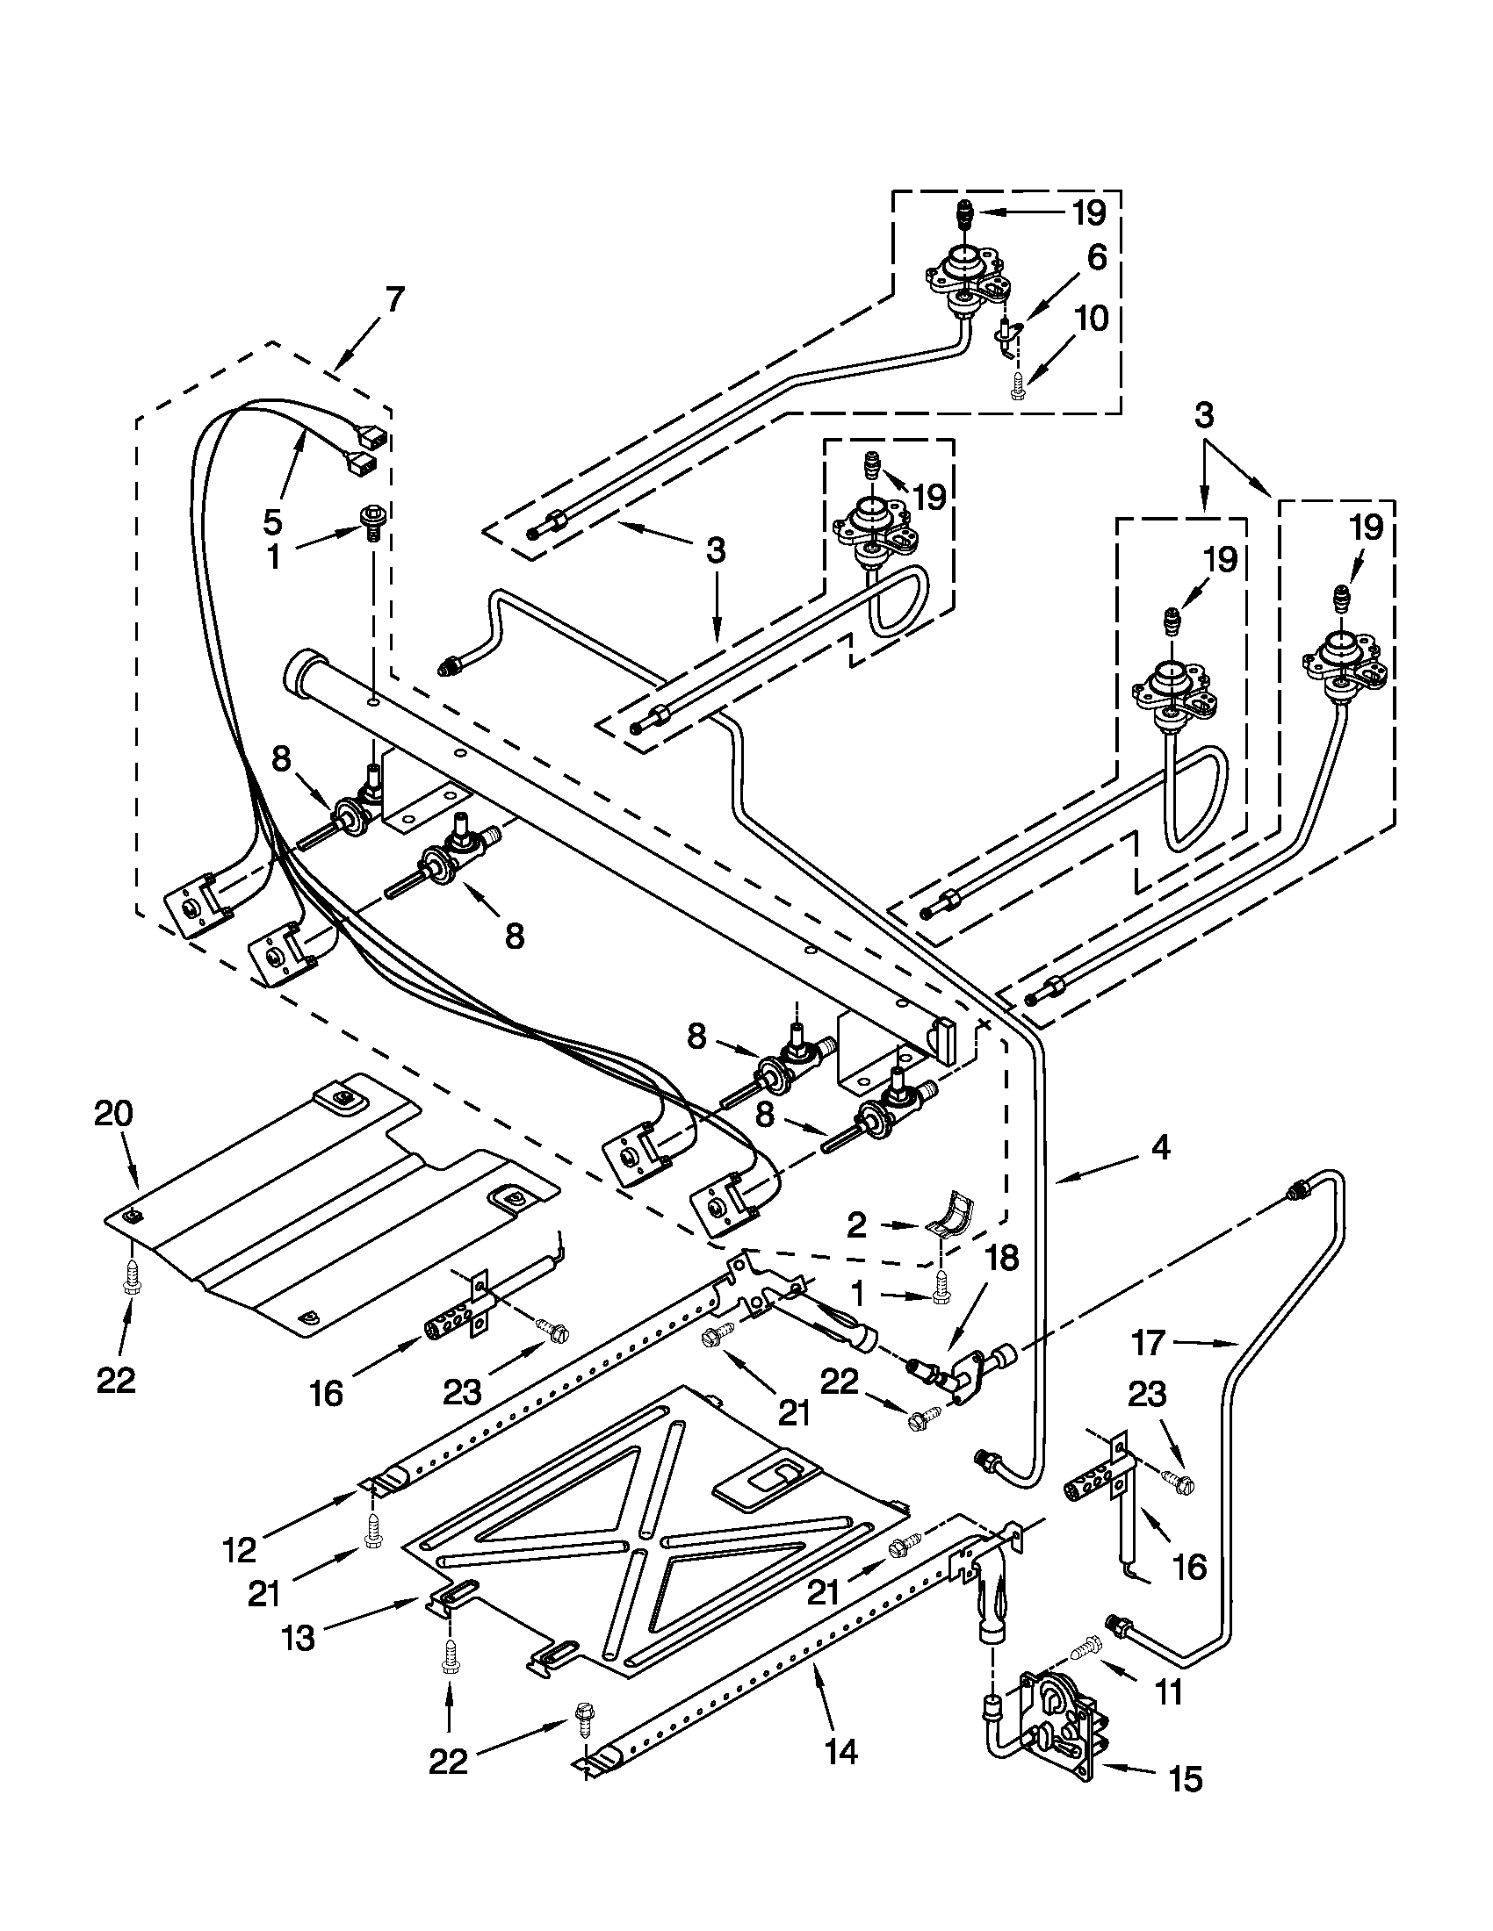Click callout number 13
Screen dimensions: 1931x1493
[x=298, y=1638]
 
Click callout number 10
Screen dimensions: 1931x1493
[x=1093, y=319]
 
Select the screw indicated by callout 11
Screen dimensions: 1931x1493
[x=1087, y=1647]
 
